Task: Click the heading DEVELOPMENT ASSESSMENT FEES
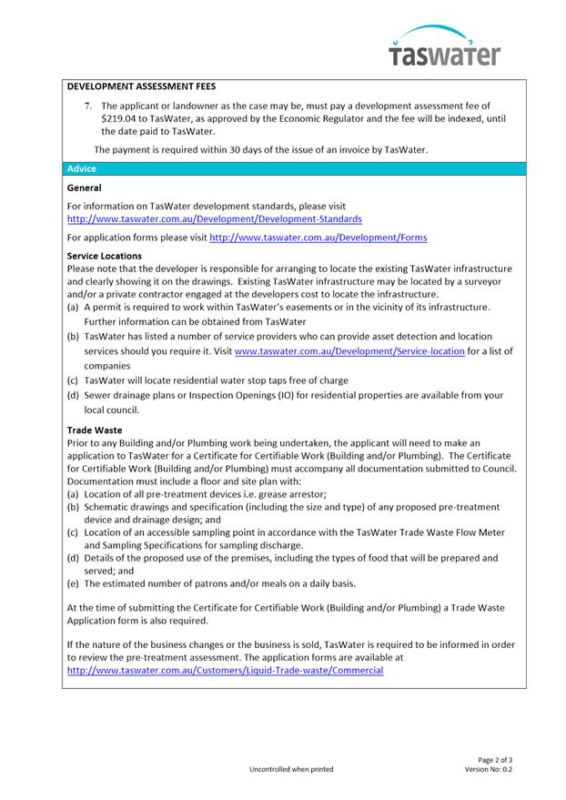point(141,88)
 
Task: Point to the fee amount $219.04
point(119,118)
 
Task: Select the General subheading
point(85,187)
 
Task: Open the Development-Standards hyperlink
point(215,219)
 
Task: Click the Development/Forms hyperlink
point(305,238)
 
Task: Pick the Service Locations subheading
point(105,257)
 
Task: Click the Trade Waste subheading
point(95,430)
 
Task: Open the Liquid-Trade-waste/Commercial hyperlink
point(226,669)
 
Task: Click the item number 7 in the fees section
point(88,106)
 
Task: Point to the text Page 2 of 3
point(495,759)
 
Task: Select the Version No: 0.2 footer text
point(489,769)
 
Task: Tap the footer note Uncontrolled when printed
point(291,769)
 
